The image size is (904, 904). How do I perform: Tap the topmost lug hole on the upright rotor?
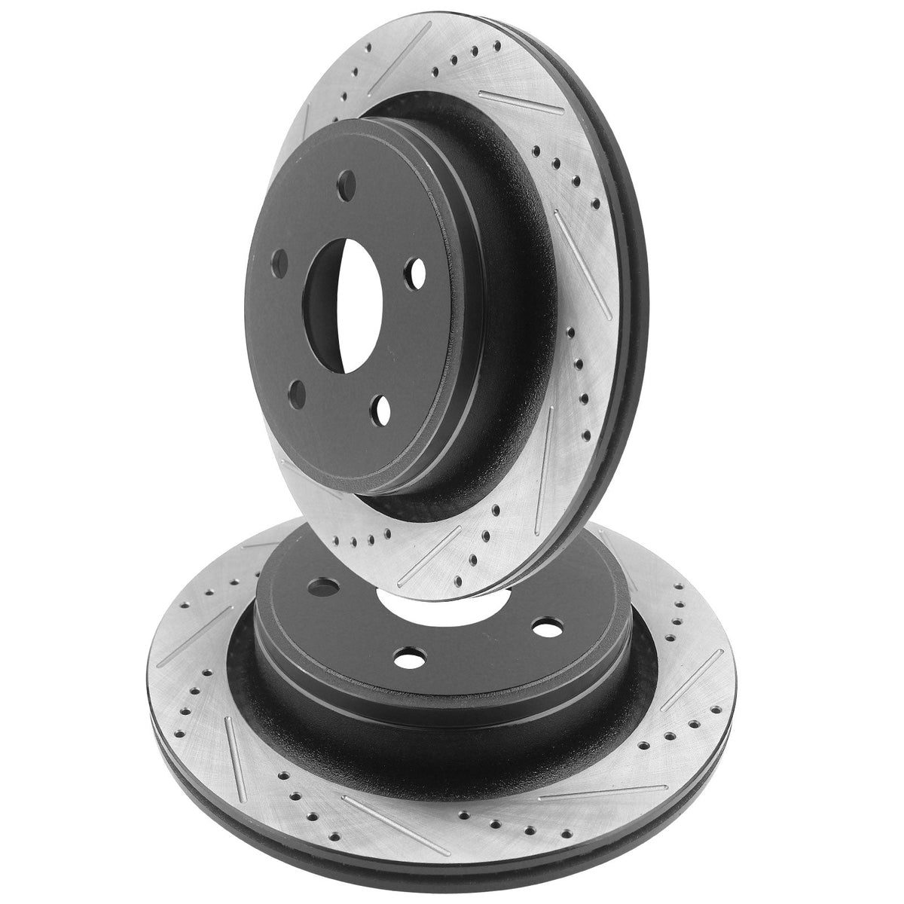347,181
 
